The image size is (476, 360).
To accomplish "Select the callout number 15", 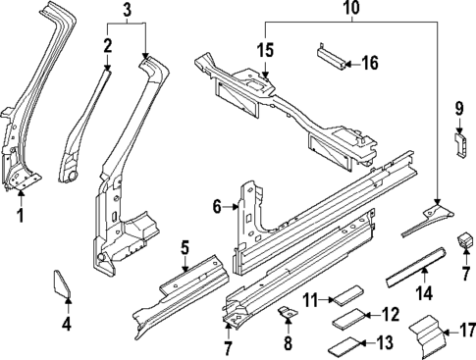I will (265, 49).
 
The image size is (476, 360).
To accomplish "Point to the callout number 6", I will (218, 206).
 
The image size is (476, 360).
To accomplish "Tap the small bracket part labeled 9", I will (458, 143).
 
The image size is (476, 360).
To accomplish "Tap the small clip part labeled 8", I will (288, 312).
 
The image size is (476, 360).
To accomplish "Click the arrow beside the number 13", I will (362, 342).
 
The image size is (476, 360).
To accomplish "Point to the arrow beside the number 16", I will (349, 64).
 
